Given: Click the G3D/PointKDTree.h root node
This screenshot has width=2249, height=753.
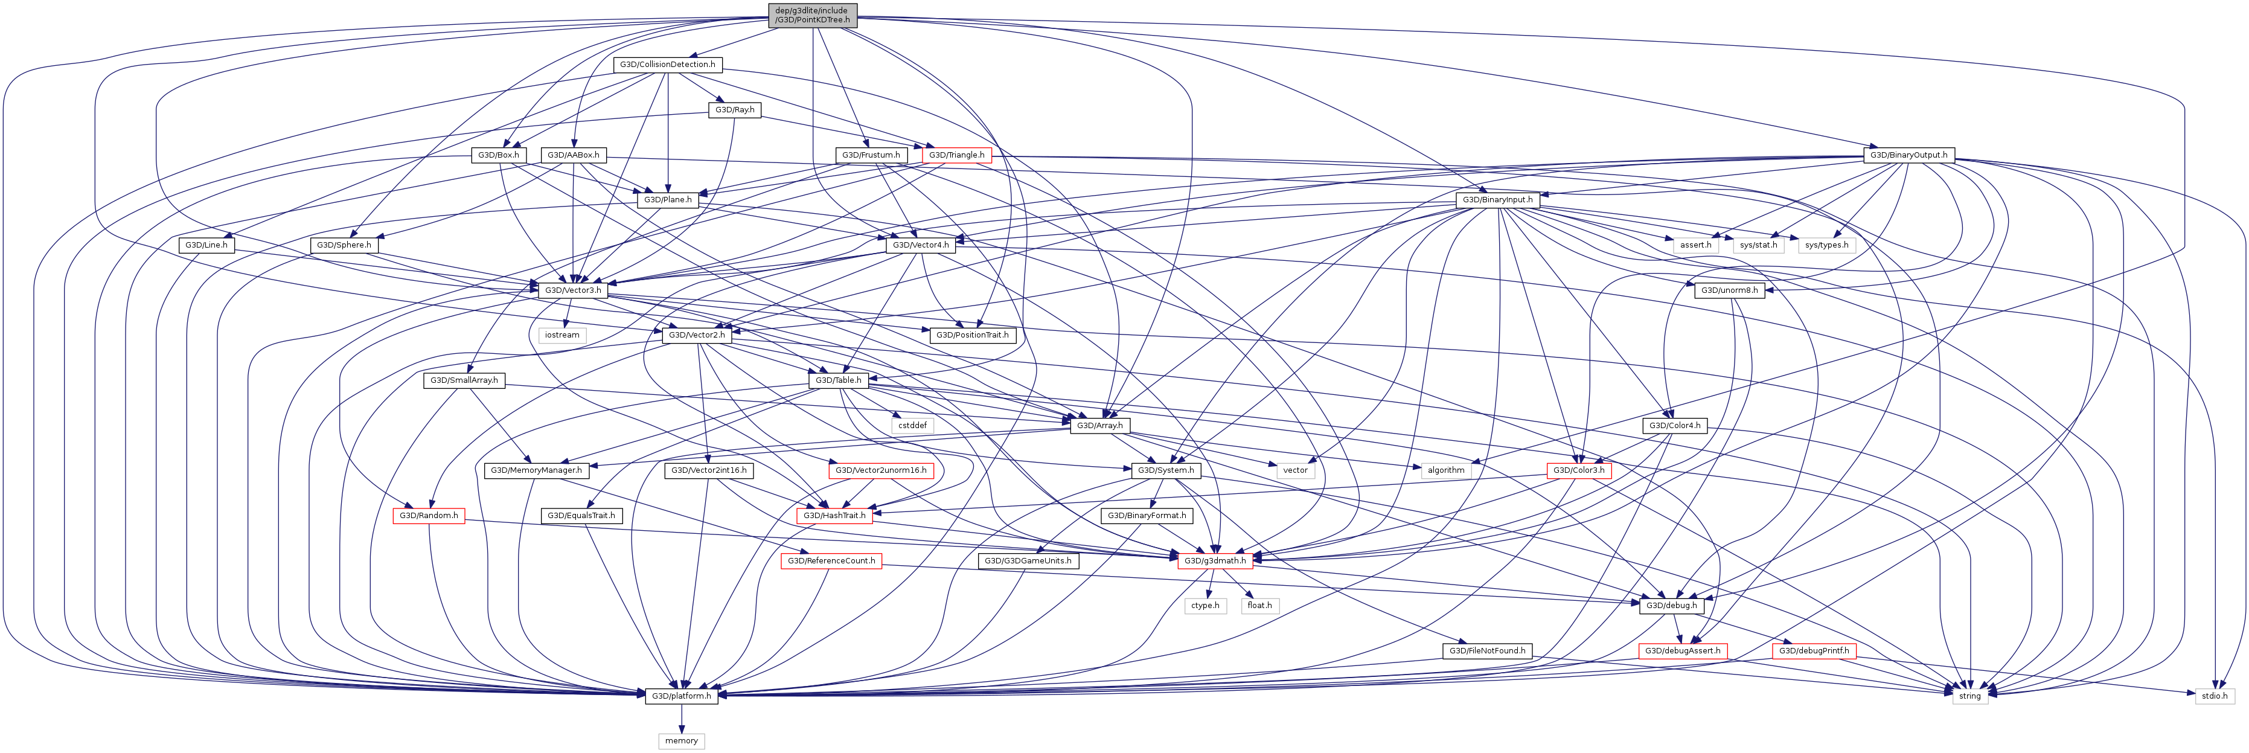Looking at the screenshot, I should (812, 15).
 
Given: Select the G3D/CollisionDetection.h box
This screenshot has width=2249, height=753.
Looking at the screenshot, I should (667, 65).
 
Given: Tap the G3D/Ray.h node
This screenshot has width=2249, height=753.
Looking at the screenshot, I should (734, 110).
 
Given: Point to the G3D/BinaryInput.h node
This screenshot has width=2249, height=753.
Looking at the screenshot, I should (1497, 200).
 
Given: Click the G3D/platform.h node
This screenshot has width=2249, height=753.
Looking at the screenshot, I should (681, 696).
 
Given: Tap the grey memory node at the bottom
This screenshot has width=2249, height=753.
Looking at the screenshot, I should (681, 741).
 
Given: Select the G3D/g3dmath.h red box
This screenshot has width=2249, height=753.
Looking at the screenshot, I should (1214, 561).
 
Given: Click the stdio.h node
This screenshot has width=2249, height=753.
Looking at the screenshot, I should (2213, 696).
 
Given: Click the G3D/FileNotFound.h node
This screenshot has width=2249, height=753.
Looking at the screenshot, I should (1487, 651).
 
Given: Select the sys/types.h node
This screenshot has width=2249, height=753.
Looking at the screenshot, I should (1826, 246).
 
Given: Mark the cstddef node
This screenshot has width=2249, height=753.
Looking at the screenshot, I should (912, 426).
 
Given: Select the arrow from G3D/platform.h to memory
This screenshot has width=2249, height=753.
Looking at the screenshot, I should (681, 718).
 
